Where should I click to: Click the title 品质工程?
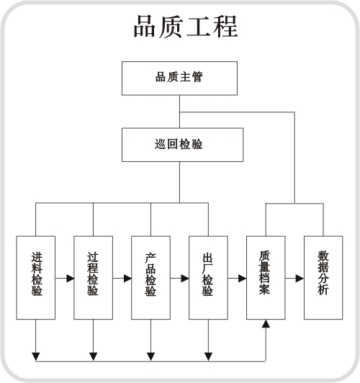tap(186, 27)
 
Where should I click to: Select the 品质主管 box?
tap(179, 78)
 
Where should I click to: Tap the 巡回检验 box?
tap(182, 145)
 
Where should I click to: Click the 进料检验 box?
tap(36, 277)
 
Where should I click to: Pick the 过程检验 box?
tap(94, 277)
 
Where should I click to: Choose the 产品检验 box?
tap(150, 277)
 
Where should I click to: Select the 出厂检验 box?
tap(208, 277)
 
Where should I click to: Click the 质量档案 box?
tap(266, 277)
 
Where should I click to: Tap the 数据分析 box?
tap(323, 277)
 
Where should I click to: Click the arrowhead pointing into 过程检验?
tap(71, 278)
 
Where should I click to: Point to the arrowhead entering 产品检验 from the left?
tap(127, 278)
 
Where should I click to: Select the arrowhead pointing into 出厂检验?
tap(185, 278)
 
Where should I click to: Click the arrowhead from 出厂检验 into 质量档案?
tap(243, 278)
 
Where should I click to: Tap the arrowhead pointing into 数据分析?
tap(300, 278)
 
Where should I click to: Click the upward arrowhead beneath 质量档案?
tap(266, 323)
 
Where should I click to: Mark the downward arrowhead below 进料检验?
tap(36, 356)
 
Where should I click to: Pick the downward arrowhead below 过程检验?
tap(94, 356)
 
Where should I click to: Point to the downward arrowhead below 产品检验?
tap(150, 356)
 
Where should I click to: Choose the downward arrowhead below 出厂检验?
tap(208, 356)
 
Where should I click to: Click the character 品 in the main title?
tap(145, 27)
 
